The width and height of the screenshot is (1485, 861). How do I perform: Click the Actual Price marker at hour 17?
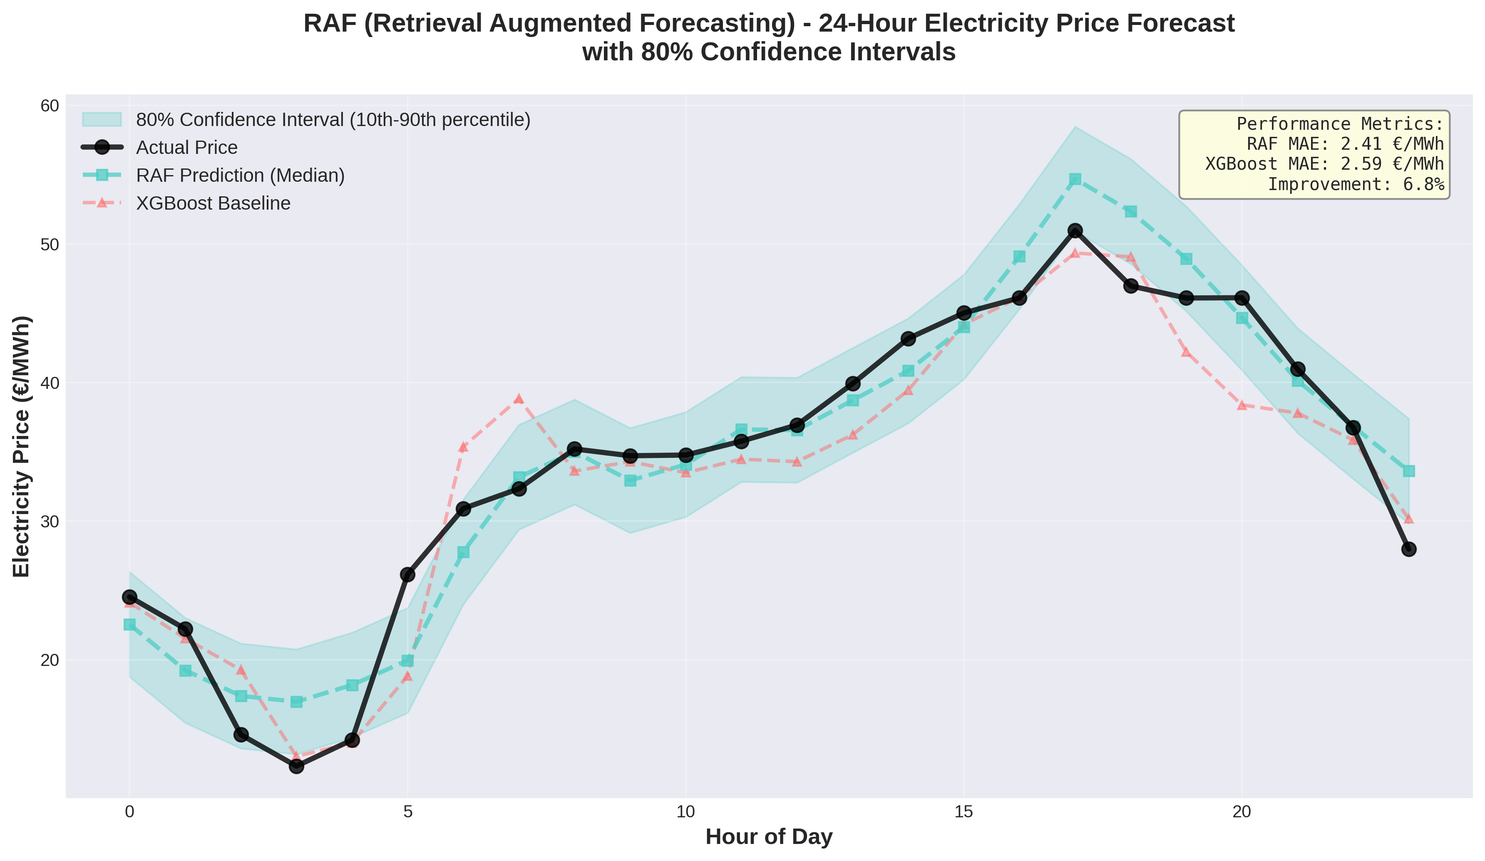[1075, 230]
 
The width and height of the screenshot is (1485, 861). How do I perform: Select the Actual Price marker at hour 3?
[296, 766]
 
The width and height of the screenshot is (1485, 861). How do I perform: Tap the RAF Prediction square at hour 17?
[1075, 179]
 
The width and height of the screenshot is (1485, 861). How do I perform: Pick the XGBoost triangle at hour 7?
[519, 399]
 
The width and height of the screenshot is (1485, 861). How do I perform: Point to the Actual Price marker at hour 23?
[1408, 549]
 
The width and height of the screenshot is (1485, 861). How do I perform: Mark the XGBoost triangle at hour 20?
[1242, 405]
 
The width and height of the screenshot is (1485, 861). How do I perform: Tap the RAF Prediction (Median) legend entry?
[240, 176]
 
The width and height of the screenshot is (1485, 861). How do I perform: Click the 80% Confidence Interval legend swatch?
[102, 119]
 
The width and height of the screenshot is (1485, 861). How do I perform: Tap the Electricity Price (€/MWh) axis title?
[21, 446]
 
